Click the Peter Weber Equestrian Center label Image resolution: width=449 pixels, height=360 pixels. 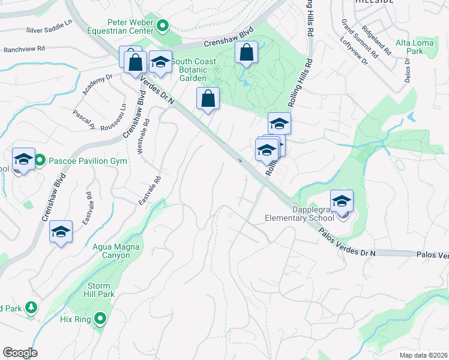130,26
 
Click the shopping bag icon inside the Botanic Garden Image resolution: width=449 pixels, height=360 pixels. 247,52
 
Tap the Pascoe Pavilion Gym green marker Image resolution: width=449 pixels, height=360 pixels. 40,160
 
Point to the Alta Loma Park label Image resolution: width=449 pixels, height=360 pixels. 410,47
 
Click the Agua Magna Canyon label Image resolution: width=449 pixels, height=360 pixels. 111,251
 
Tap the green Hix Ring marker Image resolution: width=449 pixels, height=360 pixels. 100,319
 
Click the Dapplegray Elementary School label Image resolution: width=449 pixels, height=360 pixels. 300,214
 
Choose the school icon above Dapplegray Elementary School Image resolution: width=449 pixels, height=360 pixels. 342,201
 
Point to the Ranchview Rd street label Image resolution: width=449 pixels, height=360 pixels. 24,49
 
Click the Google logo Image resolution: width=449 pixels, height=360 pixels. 20,353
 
